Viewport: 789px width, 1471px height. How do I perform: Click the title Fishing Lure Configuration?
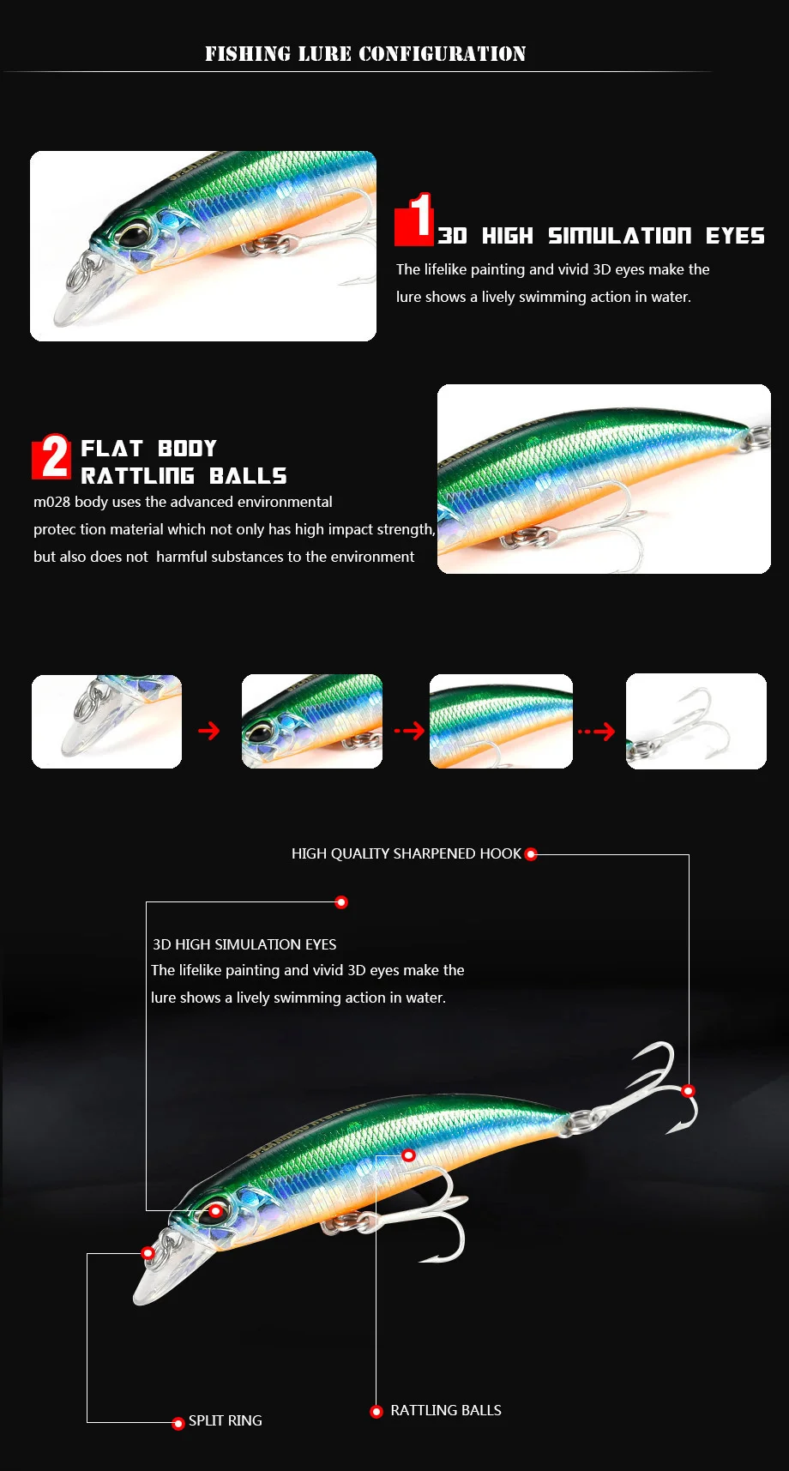pos(365,54)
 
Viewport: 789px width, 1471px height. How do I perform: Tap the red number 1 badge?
pos(414,219)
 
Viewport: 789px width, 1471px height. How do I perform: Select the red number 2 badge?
pos(51,456)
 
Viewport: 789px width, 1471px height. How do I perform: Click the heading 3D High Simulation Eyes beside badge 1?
pos(600,236)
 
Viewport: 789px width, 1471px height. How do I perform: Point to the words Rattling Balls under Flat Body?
pos(184,476)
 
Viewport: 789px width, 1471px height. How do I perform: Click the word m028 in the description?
pos(51,502)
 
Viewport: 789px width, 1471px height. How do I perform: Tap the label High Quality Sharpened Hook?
pos(407,853)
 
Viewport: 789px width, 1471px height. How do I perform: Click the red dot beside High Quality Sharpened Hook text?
pos(531,854)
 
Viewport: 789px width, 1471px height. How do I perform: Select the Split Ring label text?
pos(226,1420)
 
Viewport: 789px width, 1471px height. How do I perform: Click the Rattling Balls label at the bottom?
pos(446,1410)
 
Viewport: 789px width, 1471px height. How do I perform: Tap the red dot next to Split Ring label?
pos(178,1424)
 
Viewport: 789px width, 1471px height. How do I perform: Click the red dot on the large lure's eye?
pos(215,1211)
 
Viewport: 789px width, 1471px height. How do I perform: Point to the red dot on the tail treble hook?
pos(688,1091)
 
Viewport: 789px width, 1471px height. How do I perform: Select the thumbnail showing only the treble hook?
pos(696,721)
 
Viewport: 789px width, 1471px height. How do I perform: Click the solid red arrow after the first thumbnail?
pos(209,731)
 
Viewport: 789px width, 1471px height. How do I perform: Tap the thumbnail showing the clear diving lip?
pos(106,721)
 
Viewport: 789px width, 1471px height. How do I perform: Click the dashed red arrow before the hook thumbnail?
pos(597,732)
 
